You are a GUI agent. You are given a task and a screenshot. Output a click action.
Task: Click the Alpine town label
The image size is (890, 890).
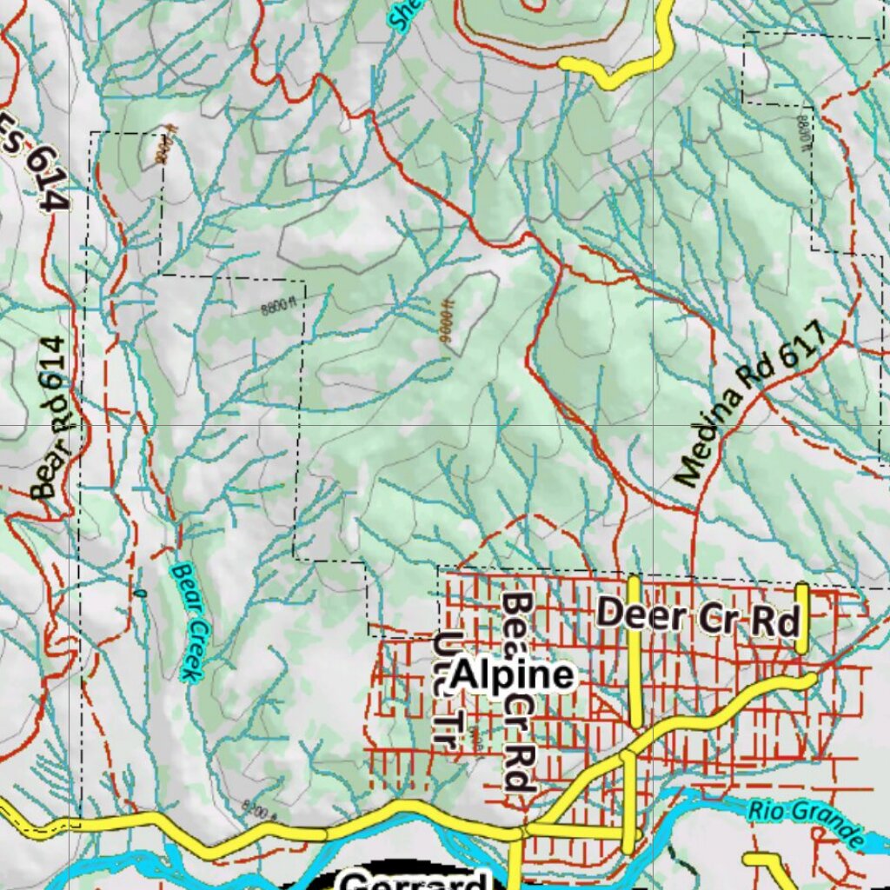pyautogui.click(x=513, y=675)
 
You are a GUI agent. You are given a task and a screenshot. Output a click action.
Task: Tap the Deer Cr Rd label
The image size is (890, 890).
pyautogui.click(x=698, y=615)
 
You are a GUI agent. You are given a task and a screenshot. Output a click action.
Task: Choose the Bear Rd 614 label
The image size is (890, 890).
pyautogui.click(x=54, y=418)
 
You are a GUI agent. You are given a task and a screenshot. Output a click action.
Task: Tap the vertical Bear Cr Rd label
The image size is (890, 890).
pyautogui.click(x=519, y=693)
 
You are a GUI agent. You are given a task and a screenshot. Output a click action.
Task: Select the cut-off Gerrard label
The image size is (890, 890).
pyautogui.click(x=413, y=880)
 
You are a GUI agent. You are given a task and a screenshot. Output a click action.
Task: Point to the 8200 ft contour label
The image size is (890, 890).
pyautogui.click(x=260, y=814)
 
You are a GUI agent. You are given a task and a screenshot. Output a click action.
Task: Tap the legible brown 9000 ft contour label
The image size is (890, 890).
pyautogui.click(x=448, y=327)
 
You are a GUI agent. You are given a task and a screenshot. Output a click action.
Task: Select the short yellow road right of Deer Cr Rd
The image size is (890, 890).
pyautogui.click(x=801, y=618)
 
